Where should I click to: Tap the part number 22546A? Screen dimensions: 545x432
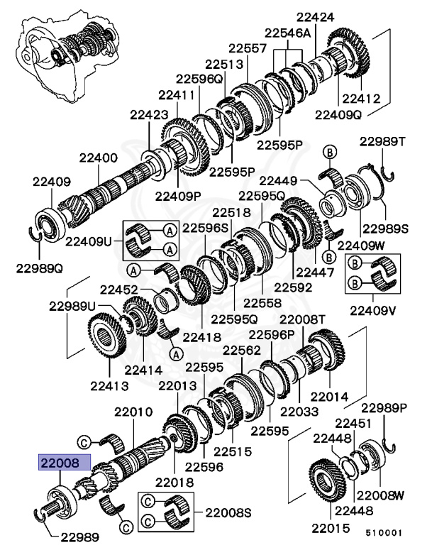coord(288,33)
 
